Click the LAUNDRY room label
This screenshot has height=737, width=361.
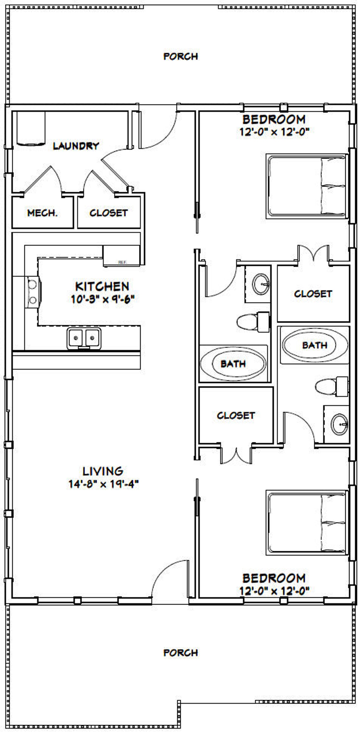coord(76,146)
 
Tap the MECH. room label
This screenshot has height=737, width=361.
coord(42,213)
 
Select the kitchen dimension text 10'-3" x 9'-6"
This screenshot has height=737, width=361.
coord(103,299)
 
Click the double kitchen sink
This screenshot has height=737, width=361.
coord(84,339)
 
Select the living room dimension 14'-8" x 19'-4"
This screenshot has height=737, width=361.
coord(103,484)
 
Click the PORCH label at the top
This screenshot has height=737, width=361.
coord(180,56)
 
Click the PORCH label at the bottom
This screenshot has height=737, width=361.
coord(180,653)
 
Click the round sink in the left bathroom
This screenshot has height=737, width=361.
coord(261,284)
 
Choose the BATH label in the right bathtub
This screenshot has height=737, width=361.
coord(315,345)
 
